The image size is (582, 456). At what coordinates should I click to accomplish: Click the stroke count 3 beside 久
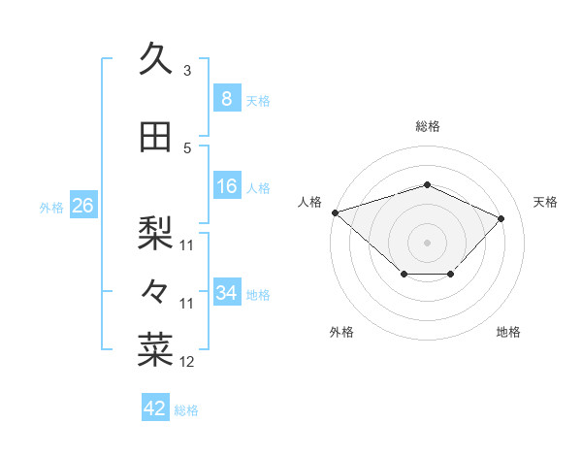click(x=186, y=71)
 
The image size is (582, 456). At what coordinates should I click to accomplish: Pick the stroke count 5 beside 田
click(x=186, y=148)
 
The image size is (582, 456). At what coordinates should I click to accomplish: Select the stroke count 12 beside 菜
click(x=187, y=362)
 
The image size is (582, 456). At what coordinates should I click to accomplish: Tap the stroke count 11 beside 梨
click(x=187, y=245)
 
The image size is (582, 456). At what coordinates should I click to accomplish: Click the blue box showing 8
click(x=226, y=98)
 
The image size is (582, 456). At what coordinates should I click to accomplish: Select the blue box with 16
click(x=226, y=186)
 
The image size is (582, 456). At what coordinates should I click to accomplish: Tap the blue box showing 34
click(x=226, y=292)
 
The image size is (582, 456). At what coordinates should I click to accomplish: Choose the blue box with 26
click(x=82, y=205)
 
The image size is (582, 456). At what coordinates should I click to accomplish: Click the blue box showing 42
click(x=155, y=408)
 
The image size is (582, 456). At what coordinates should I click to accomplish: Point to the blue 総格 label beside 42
click(x=187, y=410)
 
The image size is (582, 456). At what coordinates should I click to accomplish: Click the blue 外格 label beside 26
click(x=51, y=207)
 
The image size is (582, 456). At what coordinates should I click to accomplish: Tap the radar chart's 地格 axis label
click(x=508, y=332)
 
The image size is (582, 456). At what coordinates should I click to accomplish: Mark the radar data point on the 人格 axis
click(x=335, y=212)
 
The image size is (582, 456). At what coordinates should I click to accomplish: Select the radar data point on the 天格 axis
click(x=501, y=218)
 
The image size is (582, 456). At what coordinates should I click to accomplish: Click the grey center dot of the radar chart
click(x=427, y=242)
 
